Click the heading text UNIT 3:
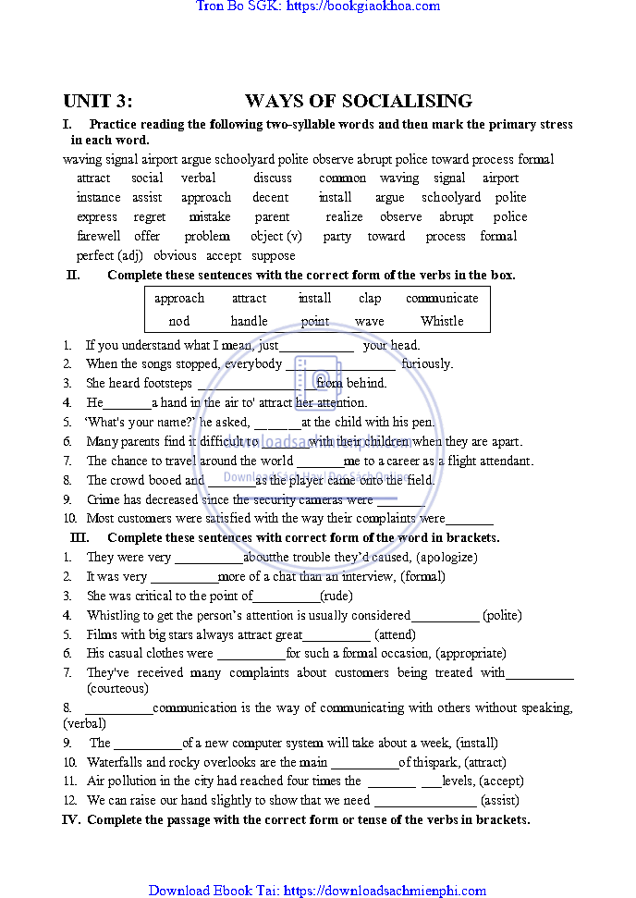97,102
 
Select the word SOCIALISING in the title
411,102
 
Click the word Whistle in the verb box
442,321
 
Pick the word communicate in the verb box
442,298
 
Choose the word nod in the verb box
179,321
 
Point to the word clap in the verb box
370,298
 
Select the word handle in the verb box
249,321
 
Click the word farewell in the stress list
98,236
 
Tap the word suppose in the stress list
274,255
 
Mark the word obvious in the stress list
175,255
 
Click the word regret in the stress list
150,216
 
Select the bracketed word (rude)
336,596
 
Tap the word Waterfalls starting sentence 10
115,762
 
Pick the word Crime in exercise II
103,499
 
